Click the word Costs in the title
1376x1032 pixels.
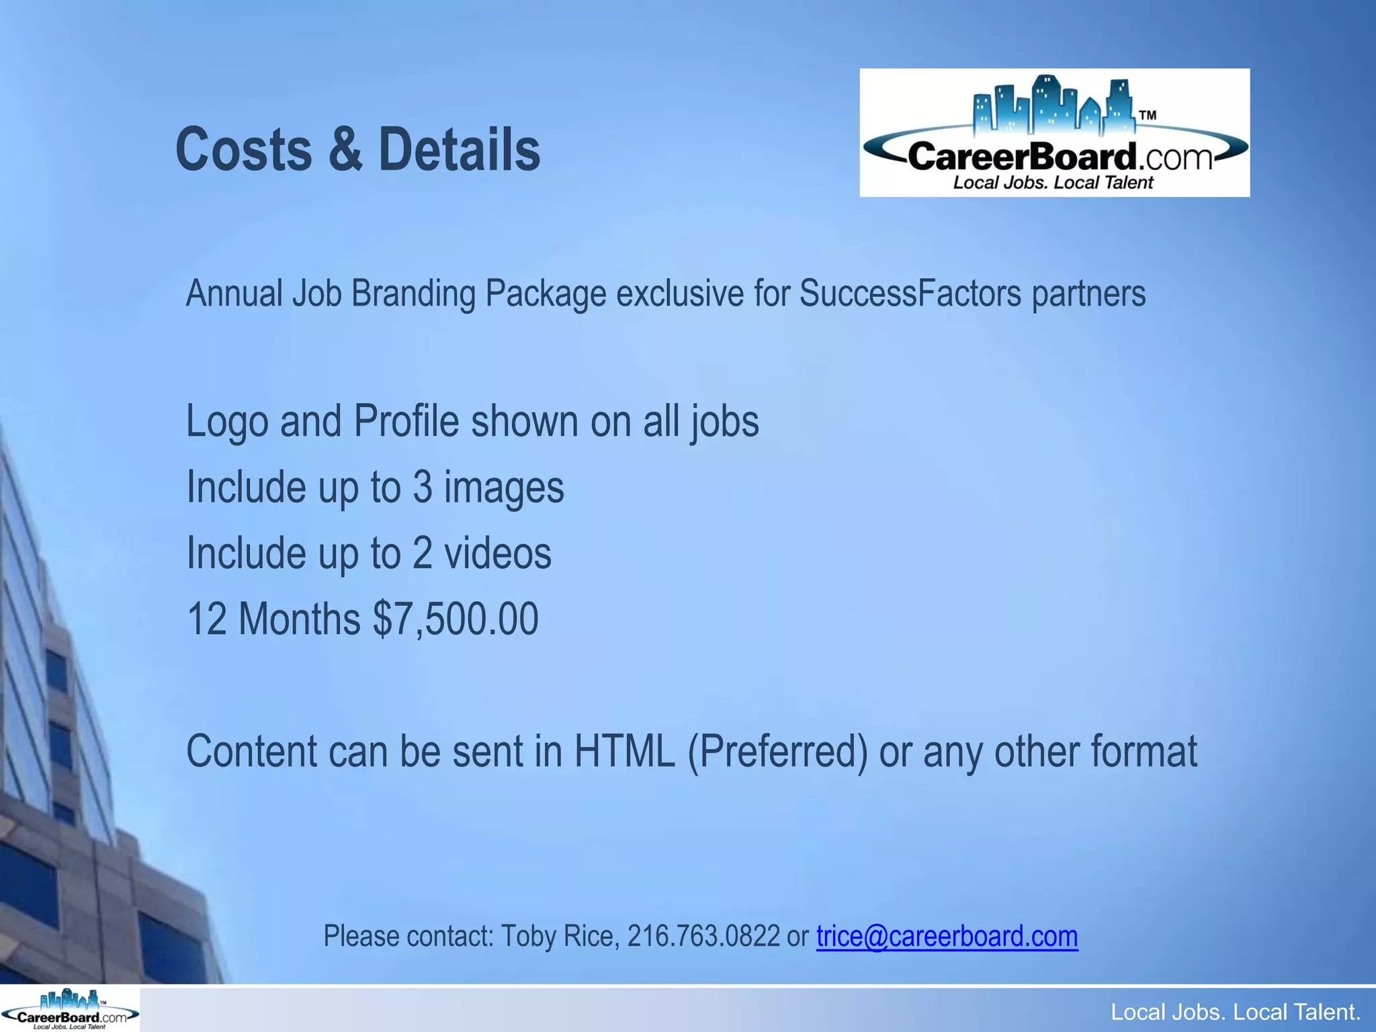[243, 149]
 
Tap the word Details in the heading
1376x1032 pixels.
[460, 149]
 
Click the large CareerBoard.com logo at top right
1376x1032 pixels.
[1054, 133]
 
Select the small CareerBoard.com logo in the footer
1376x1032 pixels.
[70, 1008]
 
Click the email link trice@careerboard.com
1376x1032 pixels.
[947, 936]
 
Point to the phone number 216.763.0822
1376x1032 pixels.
[703, 936]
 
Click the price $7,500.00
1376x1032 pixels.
[456, 619]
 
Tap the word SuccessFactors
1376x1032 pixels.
[910, 294]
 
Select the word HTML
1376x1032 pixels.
[624, 751]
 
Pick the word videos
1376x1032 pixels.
[498, 553]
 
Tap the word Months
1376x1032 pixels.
[300, 619]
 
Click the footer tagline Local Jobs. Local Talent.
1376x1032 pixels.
[1235, 1012]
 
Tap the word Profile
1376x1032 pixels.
[406, 422]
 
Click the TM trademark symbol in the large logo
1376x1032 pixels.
[1148, 115]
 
